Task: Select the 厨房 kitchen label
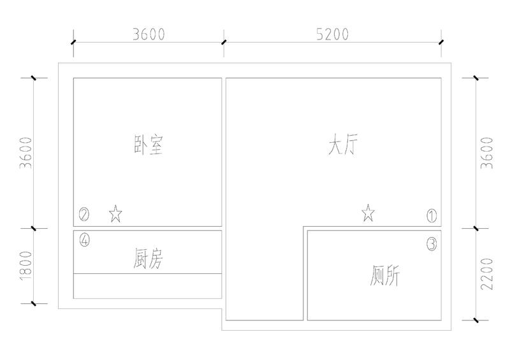click(148, 258)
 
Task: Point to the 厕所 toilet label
click(385, 275)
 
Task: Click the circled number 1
click(432, 215)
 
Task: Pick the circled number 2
click(84, 214)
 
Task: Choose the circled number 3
click(432, 244)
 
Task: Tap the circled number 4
click(85, 240)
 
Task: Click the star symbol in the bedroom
click(115, 213)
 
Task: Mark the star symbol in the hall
click(368, 213)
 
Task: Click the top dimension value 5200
click(332, 34)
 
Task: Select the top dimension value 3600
click(149, 34)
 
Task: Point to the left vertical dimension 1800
click(26, 265)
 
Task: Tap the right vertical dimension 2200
click(487, 274)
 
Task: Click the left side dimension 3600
click(26, 153)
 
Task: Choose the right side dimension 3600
click(487, 153)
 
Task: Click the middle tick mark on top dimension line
click(224, 42)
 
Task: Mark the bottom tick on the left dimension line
click(34, 303)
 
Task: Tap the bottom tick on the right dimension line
click(476, 320)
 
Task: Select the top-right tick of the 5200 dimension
click(441, 42)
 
